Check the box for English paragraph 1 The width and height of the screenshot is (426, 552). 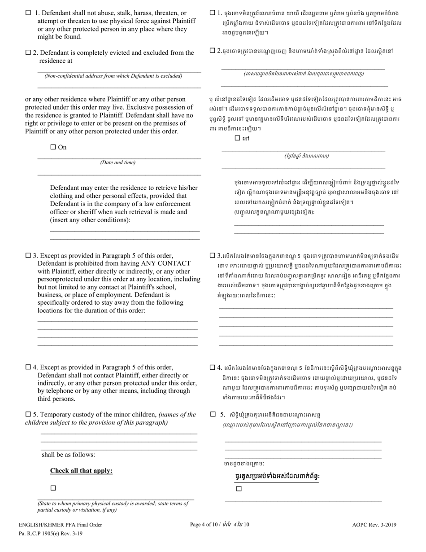coord(29,13)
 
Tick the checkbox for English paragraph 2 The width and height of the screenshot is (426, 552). coord(28,53)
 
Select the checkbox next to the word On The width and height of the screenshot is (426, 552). coord(53,147)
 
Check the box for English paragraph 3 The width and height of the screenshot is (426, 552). coord(28,256)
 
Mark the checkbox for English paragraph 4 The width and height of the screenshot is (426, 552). coord(28,367)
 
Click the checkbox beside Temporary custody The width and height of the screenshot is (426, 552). coord(28,414)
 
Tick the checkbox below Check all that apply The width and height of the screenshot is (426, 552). coord(53,488)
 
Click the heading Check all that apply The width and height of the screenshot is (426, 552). coord(81,471)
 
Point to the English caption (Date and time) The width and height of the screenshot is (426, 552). coord(117,162)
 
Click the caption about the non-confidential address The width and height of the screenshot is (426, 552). coord(113,76)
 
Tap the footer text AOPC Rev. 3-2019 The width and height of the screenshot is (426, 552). coord(374,525)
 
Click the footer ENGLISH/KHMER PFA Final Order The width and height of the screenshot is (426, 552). coord(61,525)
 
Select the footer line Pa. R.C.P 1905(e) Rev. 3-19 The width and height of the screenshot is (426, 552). coord(51,534)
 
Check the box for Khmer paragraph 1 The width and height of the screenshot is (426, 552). coord(213,13)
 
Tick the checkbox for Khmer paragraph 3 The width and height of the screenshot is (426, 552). coord(213,256)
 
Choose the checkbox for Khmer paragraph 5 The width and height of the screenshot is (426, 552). coord(213,414)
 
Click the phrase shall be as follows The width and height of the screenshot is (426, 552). coord(68,455)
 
